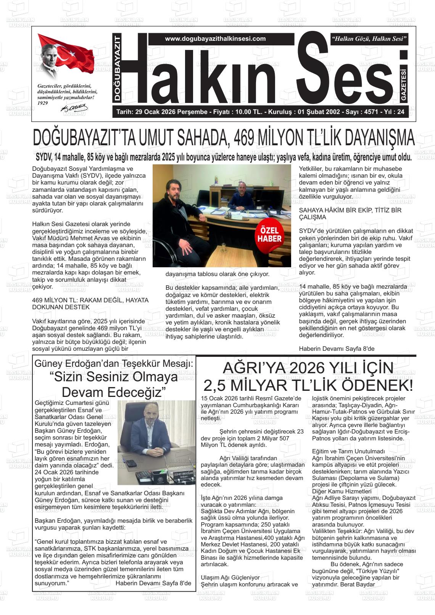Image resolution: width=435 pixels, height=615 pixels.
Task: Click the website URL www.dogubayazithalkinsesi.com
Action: pos(215,39)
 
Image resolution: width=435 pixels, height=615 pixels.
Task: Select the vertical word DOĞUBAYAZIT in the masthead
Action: pos(118,68)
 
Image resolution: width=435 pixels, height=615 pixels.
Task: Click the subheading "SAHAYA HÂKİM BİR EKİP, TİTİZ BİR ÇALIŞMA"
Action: pos(350,214)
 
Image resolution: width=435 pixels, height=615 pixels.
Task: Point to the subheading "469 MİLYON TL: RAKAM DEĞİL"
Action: pos(90,303)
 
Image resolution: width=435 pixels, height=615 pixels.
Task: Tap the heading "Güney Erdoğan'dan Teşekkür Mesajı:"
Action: pos(114,363)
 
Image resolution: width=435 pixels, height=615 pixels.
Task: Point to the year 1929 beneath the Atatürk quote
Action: pos(43,103)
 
